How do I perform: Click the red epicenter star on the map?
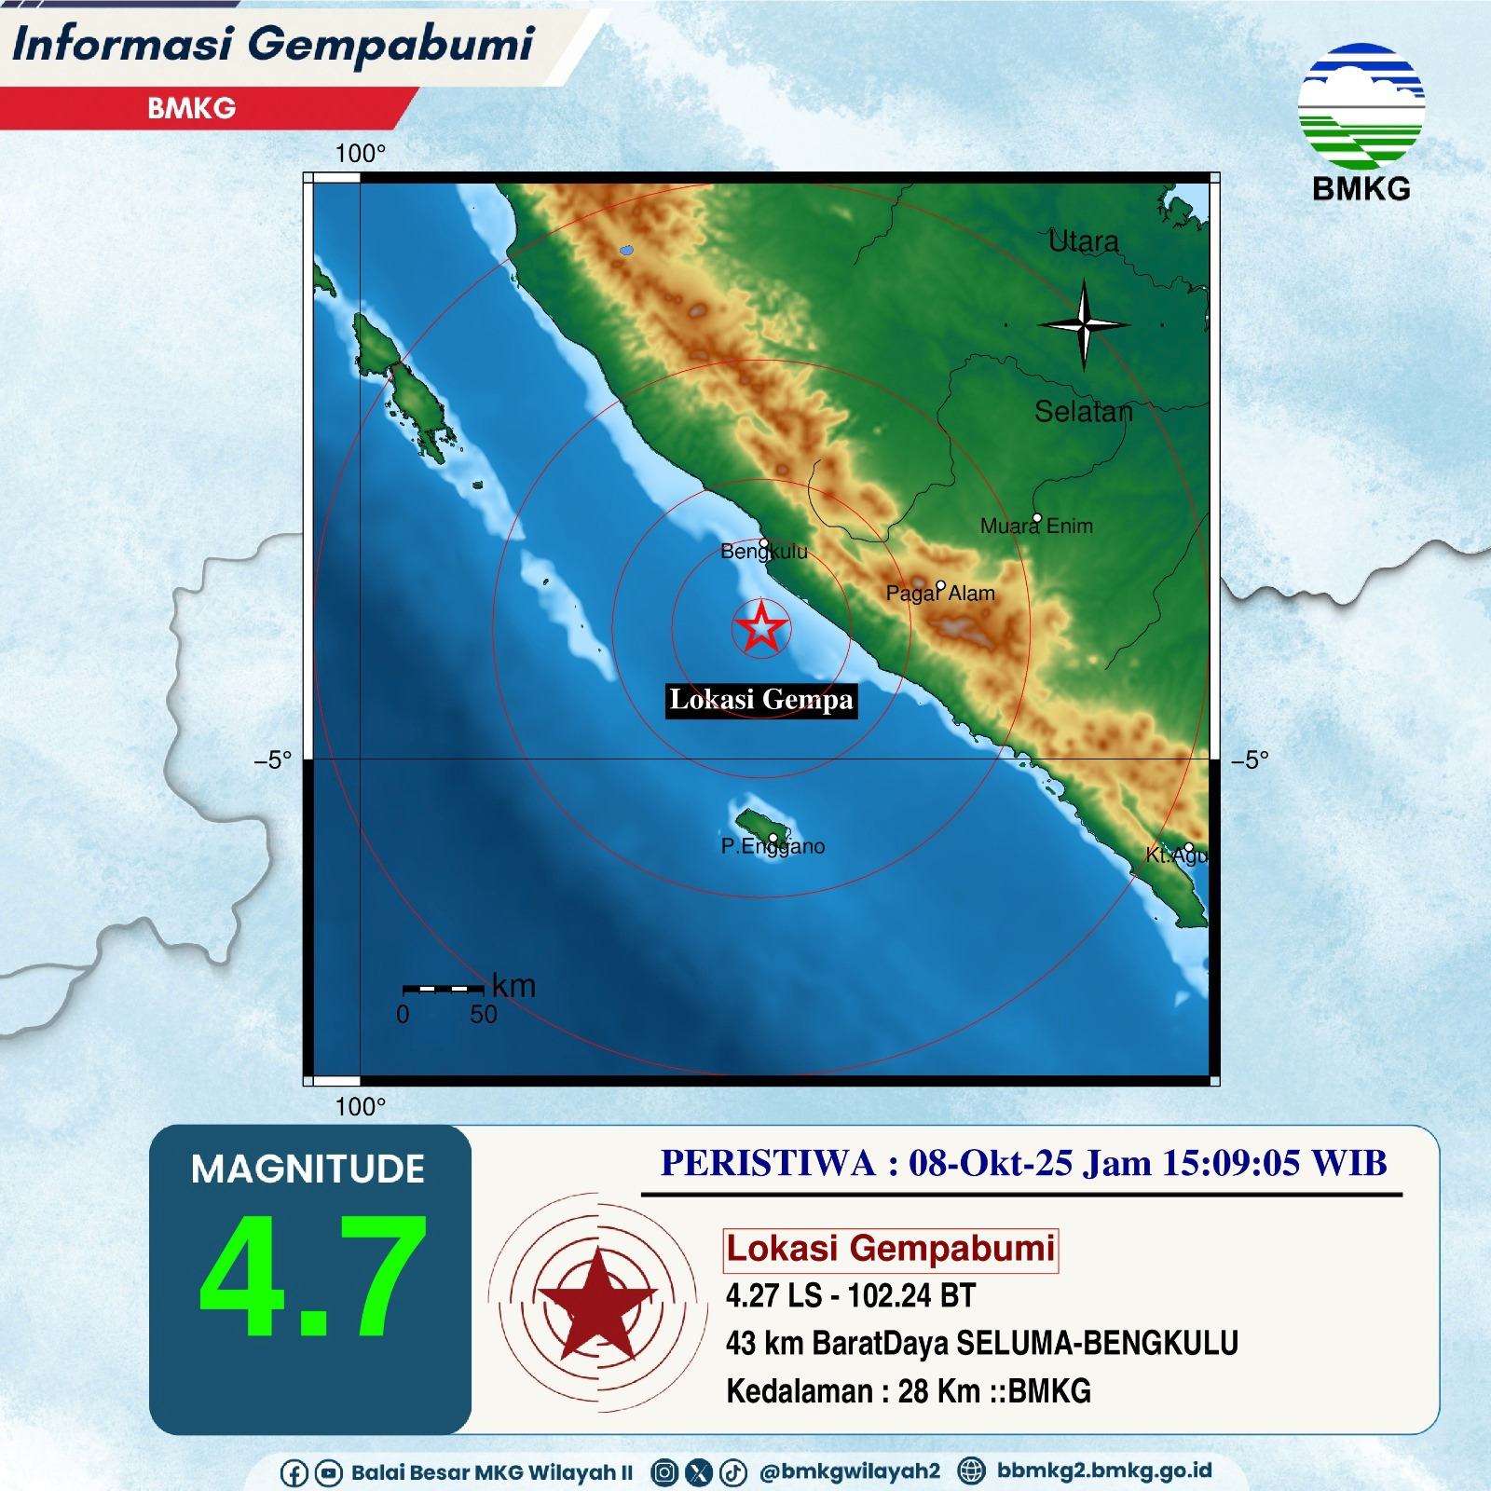761,627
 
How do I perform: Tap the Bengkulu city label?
763,551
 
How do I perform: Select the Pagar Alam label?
939,593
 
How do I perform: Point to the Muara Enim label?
1036,526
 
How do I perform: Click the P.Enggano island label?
773,846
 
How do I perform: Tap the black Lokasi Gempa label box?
760,699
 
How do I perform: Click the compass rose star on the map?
1083,324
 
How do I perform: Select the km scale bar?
443,989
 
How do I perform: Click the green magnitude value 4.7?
312,1276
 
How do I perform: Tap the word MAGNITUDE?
308,1170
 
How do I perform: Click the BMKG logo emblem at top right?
1361,107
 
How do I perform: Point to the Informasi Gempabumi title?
273,44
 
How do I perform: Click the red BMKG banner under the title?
192,108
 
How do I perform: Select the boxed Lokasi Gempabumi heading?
890,1249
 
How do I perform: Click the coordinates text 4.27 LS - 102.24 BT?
850,1295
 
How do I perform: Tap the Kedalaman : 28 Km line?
908,1391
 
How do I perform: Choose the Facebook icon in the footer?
294,1473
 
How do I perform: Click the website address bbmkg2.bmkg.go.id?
1103,1470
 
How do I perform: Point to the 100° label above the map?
360,154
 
